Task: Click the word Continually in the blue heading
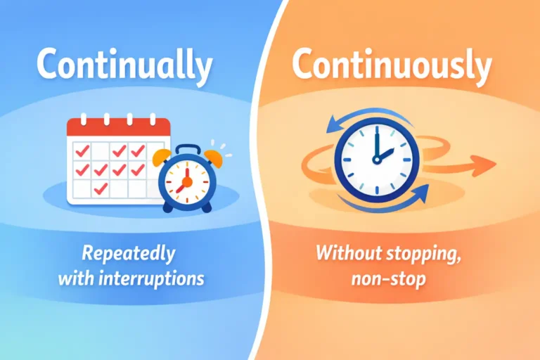[x=124, y=66]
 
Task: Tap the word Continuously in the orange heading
[x=392, y=66]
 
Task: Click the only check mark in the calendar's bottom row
[x=101, y=188]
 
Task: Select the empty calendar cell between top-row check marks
[x=101, y=150]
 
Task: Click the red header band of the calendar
[x=119, y=127]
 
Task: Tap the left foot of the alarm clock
[x=167, y=208]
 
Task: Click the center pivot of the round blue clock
[x=376, y=160]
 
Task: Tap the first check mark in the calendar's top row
[x=83, y=150]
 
